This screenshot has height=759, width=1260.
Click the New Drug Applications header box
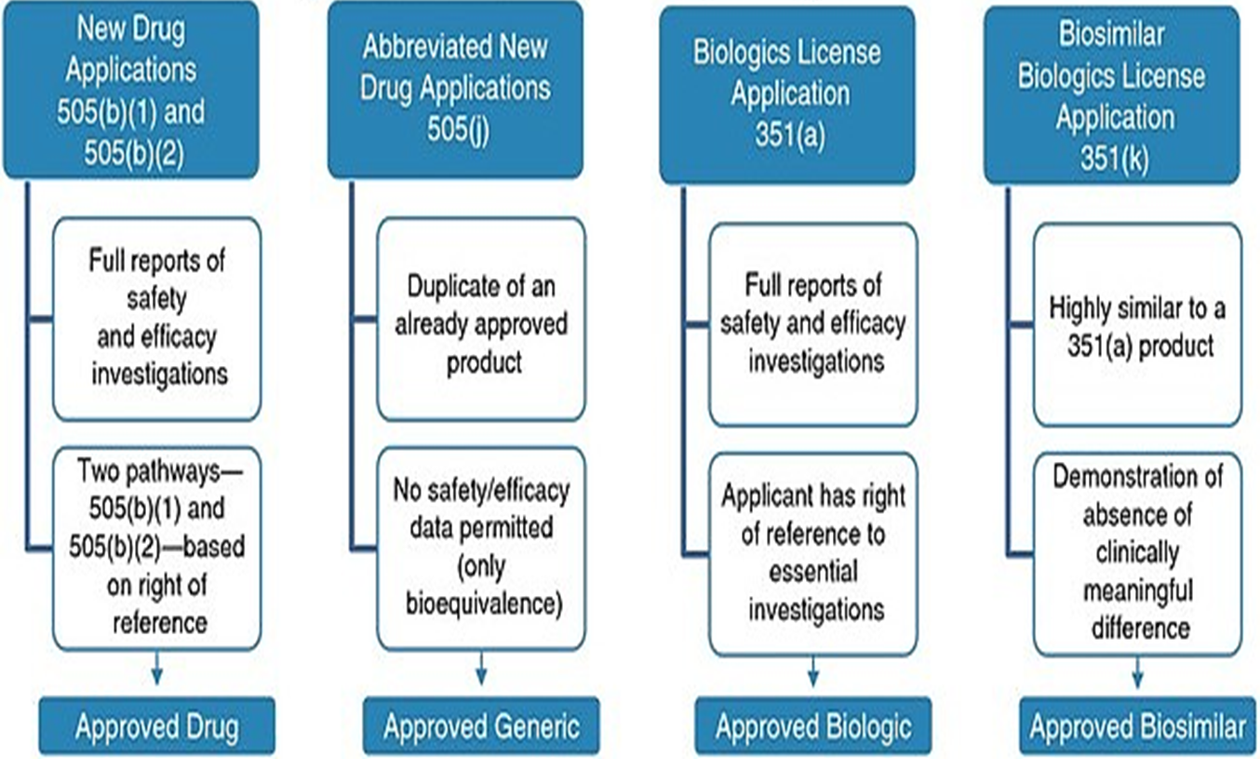131,90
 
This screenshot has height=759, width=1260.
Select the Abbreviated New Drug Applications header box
455,90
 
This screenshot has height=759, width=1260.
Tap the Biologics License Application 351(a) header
786,93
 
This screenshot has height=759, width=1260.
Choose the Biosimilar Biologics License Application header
1112,93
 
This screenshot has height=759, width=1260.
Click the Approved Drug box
156,726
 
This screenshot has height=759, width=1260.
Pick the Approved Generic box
481,726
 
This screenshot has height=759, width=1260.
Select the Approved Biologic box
812,726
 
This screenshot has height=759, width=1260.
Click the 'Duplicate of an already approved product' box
481,319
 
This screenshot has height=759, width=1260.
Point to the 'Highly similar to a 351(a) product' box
1137,325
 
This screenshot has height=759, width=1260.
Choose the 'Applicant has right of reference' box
812,554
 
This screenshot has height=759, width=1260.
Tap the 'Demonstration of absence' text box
1137,554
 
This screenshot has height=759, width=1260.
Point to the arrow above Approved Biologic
812,672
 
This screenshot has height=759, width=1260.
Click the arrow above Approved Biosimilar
1137,672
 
